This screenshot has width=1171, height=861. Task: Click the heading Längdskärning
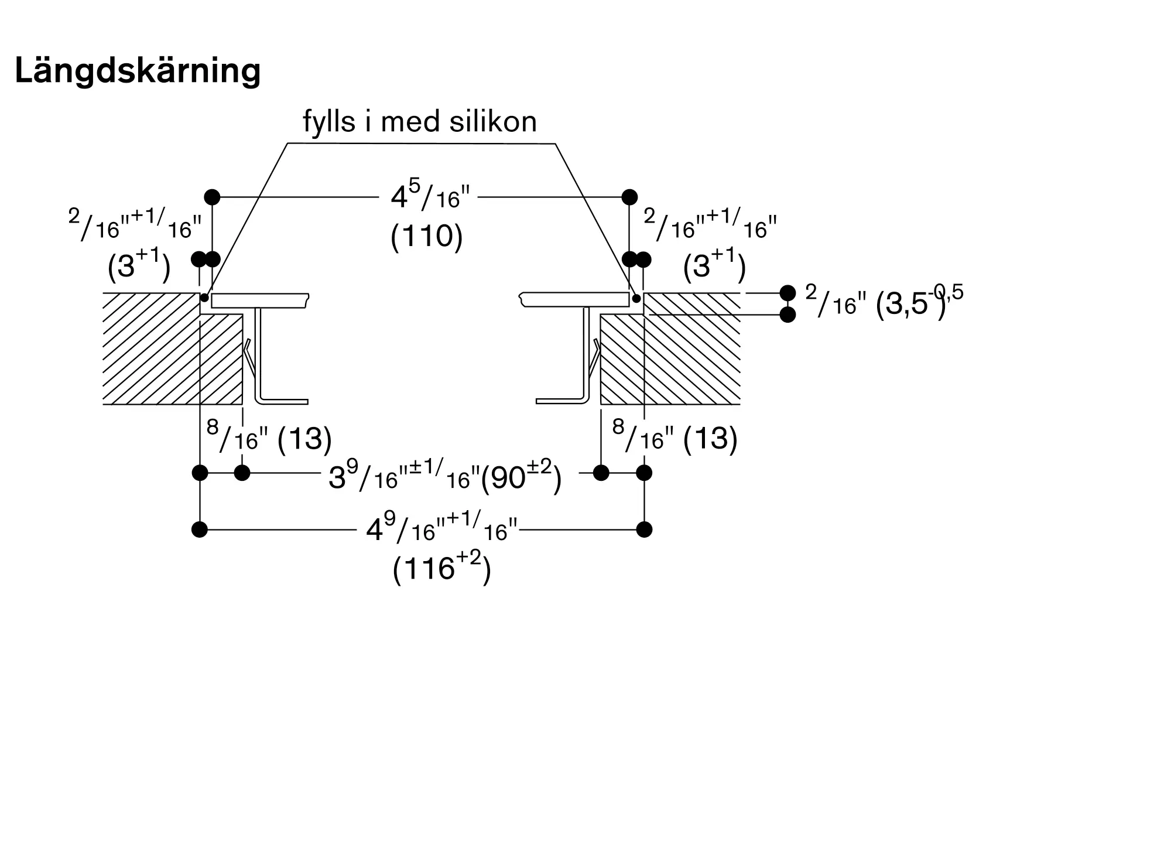[x=138, y=71]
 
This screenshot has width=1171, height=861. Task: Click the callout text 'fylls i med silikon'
[x=420, y=122]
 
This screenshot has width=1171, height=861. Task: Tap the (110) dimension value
[x=427, y=237]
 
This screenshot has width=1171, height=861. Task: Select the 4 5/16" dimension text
[x=430, y=197]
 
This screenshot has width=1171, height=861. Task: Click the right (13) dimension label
[x=710, y=438]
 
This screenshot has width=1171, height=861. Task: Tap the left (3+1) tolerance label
[x=139, y=265]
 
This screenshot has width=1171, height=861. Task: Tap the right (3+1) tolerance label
[x=714, y=265]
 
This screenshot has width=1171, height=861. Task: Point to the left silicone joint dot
[x=204, y=298]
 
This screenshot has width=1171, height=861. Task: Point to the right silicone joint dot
[x=636, y=298]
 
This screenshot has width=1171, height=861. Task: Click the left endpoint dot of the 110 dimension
[x=213, y=197]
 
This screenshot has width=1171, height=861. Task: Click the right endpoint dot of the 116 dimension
[x=644, y=529]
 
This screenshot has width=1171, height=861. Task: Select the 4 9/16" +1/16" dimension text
[x=442, y=527]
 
